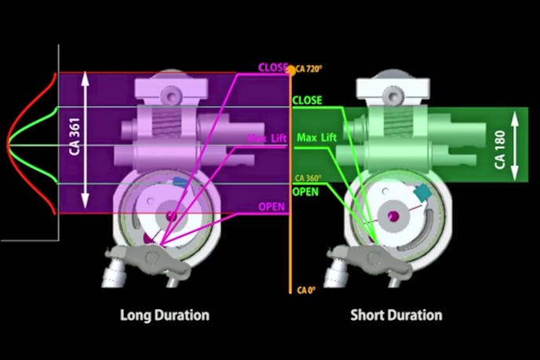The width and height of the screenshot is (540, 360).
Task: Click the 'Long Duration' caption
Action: (165, 315)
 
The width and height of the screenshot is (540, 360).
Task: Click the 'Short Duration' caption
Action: (396, 315)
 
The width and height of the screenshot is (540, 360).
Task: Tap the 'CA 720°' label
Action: (309, 69)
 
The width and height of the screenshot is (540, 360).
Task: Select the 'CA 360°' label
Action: (308, 178)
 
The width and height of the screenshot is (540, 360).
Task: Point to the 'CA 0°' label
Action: (306, 290)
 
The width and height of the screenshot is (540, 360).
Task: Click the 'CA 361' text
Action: (75, 136)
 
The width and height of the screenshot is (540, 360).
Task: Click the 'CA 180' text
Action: (500, 150)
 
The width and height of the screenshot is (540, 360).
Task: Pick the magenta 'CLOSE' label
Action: (273, 67)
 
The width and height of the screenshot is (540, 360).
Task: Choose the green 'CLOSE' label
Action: (307, 100)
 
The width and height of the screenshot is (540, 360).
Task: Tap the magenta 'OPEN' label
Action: (272, 206)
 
